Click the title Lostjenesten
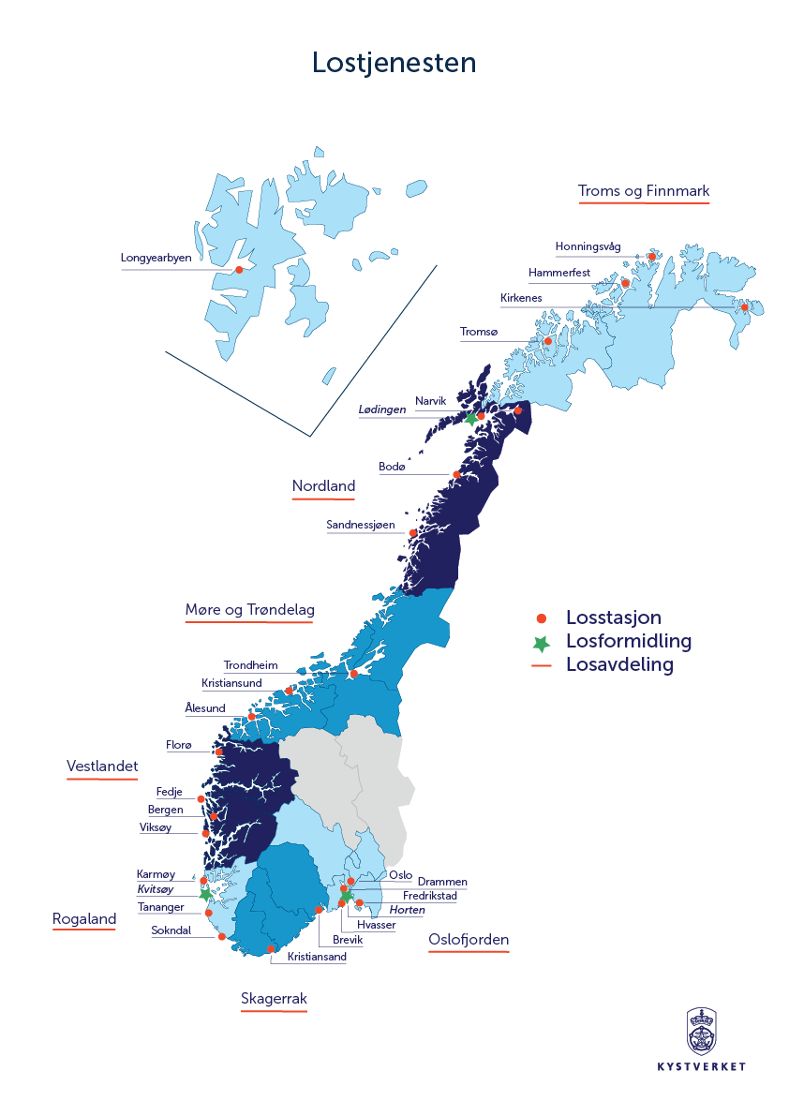click(x=394, y=62)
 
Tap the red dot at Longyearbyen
click(x=239, y=270)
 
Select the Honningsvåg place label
click(x=588, y=247)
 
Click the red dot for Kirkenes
click(x=744, y=307)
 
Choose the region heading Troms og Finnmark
click(x=644, y=191)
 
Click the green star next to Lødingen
click(x=470, y=419)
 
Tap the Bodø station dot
click(x=457, y=475)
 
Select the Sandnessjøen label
click(x=360, y=525)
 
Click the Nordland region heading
click(x=323, y=485)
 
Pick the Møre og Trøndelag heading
click(x=249, y=610)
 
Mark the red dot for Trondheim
click(x=353, y=674)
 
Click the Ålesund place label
click(x=205, y=708)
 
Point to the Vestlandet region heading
click(x=102, y=766)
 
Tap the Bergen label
click(x=166, y=810)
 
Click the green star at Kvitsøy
click(x=205, y=894)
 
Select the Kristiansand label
click(x=317, y=957)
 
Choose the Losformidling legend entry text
click(x=629, y=642)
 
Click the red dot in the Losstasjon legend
click(x=541, y=618)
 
